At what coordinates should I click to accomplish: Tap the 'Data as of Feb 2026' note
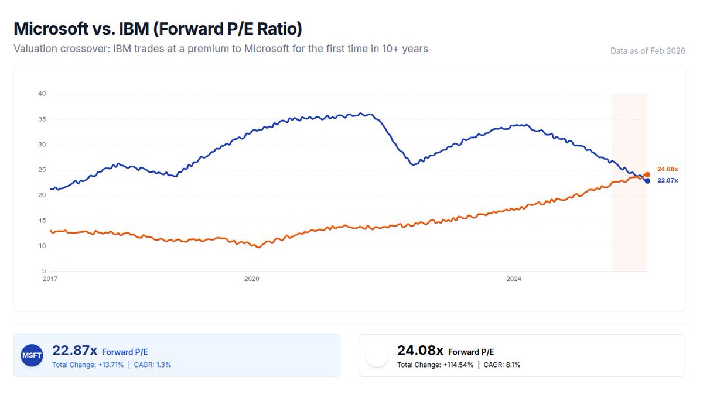click(x=647, y=51)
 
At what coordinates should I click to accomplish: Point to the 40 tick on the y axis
click(x=42, y=94)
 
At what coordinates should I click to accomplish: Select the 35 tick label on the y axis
click(x=42, y=119)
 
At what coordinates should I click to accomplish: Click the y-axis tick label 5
click(x=43, y=271)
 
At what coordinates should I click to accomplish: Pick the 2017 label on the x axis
click(x=51, y=279)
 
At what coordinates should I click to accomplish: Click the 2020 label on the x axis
click(x=251, y=279)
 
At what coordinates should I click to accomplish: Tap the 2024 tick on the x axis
click(x=514, y=279)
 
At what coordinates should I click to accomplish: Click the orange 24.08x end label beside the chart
click(x=667, y=169)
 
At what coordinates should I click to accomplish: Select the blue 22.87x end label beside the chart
click(x=667, y=180)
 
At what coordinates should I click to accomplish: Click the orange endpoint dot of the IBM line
click(x=647, y=174)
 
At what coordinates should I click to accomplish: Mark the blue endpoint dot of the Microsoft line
click(x=647, y=180)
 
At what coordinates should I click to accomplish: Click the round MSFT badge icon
click(x=32, y=355)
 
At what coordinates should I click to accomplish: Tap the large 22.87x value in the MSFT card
click(x=75, y=351)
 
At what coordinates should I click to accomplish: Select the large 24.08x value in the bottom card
click(x=420, y=351)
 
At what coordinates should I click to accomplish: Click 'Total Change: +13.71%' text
click(x=88, y=365)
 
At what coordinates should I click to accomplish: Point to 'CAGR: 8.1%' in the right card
click(x=501, y=365)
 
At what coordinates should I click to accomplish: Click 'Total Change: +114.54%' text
click(x=435, y=365)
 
